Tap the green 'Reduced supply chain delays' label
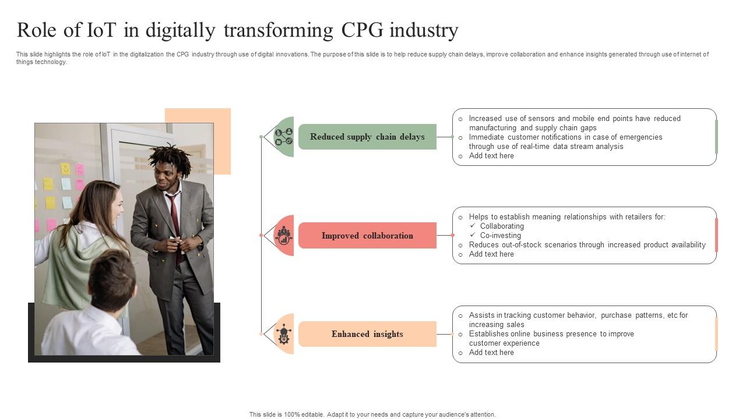[x=367, y=137]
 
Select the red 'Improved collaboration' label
[x=367, y=236]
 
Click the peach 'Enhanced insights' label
[x=367, y=334]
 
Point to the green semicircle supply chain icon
[x=284, y=137]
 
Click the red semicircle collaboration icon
[x=284, y=235]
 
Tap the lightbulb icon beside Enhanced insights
[x=284, y=334]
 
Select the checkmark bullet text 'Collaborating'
[x=502, y=226]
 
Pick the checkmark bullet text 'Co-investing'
[x=500, y=236]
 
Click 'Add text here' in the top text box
[x=491, y=156]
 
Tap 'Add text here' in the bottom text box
[x=491, y=353]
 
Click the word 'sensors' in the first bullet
[x=541, y=119]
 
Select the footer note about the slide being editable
[x=372, y=414]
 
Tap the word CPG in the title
[x=363, y=30]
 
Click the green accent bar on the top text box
[x=716, y=137]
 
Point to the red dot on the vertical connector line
[x=261, y=235]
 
